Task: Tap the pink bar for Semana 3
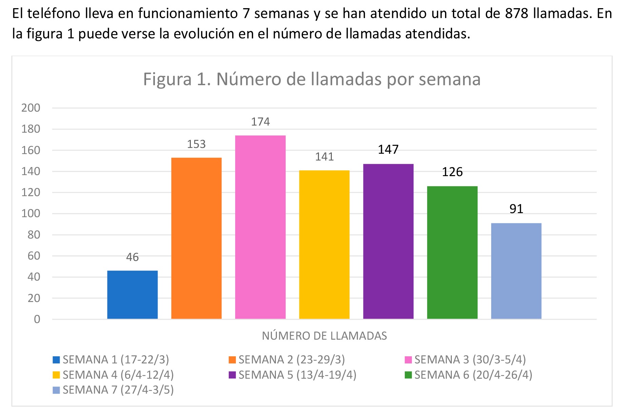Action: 260,227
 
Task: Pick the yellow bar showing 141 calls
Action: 324,244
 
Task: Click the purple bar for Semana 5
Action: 388,241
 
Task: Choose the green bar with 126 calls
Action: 452,252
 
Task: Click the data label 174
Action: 260,122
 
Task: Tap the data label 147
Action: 388,150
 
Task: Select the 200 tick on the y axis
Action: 31,108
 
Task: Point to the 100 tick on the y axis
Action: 31,213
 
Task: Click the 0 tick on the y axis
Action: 37,319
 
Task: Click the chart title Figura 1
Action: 311,79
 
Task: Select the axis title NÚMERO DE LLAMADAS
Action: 324,336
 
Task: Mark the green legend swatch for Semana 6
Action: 408,375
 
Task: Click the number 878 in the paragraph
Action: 517,14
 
